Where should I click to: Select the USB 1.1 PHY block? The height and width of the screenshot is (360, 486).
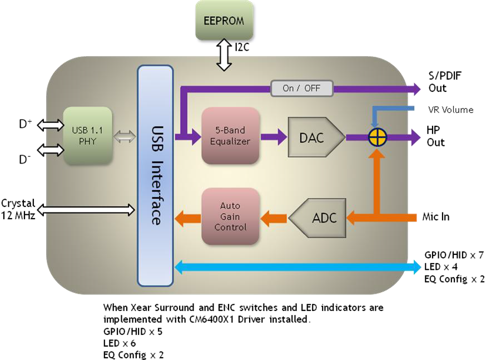coord(87,136)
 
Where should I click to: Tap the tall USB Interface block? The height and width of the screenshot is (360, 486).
coord(155,176)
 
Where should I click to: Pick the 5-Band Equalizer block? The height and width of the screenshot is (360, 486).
coord(230,136)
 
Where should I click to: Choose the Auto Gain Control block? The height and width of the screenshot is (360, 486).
coord(230,216)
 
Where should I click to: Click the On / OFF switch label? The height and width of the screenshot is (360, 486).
coord(301,88)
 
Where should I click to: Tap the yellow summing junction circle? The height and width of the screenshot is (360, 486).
coord(377,136)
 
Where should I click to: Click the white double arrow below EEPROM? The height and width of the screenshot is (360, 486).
coord(224,55)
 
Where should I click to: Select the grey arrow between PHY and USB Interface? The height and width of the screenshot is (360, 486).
coord(125,135)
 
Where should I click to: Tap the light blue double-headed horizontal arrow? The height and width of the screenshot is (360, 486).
coord(298,268)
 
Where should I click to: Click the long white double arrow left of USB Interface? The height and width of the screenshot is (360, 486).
coord(87,210)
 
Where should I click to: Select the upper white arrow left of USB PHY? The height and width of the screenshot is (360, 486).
coord(51,125)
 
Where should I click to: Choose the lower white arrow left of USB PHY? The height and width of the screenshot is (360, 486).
coord(51,150)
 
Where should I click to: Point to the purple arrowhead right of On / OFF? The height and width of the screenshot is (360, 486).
coord(414,88)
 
